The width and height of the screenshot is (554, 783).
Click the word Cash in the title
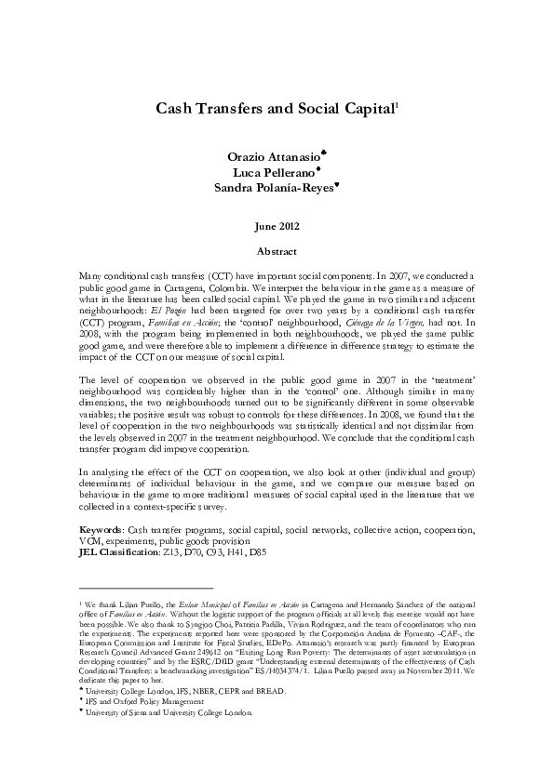click(x=176, y=109)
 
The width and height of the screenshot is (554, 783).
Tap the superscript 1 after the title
click(x=398, y=104)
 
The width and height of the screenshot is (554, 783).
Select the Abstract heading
click(x=277, y=251)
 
